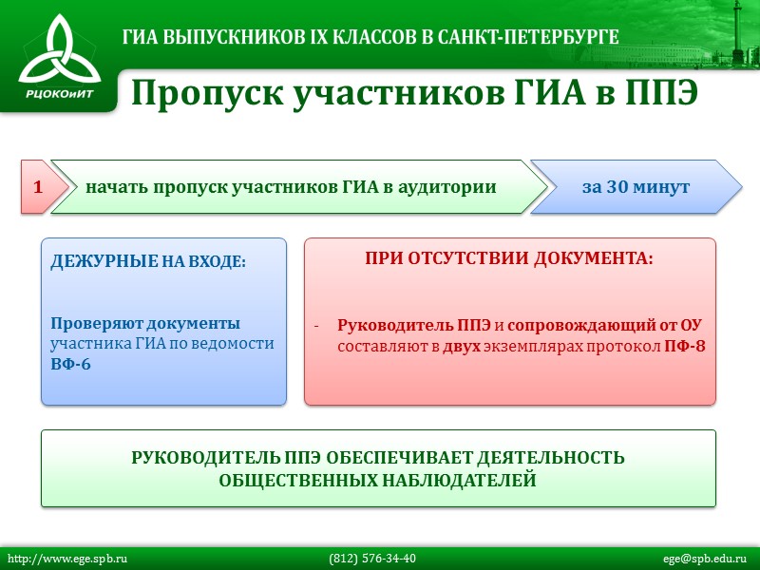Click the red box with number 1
37,187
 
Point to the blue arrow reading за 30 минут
635,187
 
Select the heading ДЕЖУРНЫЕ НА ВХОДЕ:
148,260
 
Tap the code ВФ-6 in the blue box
71,365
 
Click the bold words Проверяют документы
145,323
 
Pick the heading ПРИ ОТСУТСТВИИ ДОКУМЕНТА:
509,258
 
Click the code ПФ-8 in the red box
684,346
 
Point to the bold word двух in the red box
462,346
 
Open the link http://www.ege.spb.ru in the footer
67,559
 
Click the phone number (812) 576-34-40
372,559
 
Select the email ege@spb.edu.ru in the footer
705,559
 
